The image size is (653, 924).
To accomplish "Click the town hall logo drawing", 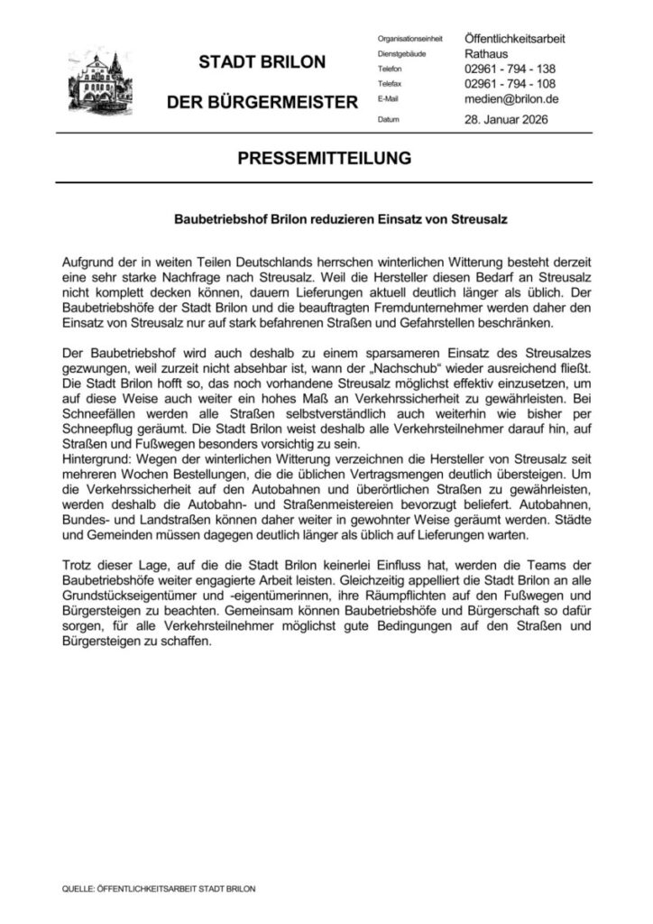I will pyautogui.click(x=97, y=81).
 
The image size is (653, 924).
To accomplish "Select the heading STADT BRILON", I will pyautogui.click(x=262, y=63).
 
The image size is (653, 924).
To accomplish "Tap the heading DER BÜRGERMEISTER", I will pyautogui.click(x=262, y=104).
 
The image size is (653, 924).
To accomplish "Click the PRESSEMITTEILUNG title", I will pyautogui.click(x=326, y=158).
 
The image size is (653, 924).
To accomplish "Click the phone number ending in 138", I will pyautogui.click(x=510, y=69).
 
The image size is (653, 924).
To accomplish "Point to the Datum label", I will pyautogui.click(x=389, y=120).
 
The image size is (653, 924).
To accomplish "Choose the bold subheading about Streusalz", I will pyautogui.click(x=326, y=217).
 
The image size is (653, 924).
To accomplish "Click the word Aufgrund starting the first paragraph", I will pyautogui.click(x=91, y=260).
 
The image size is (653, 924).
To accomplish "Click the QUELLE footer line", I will pyautogui.click(x=158, y=889).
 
